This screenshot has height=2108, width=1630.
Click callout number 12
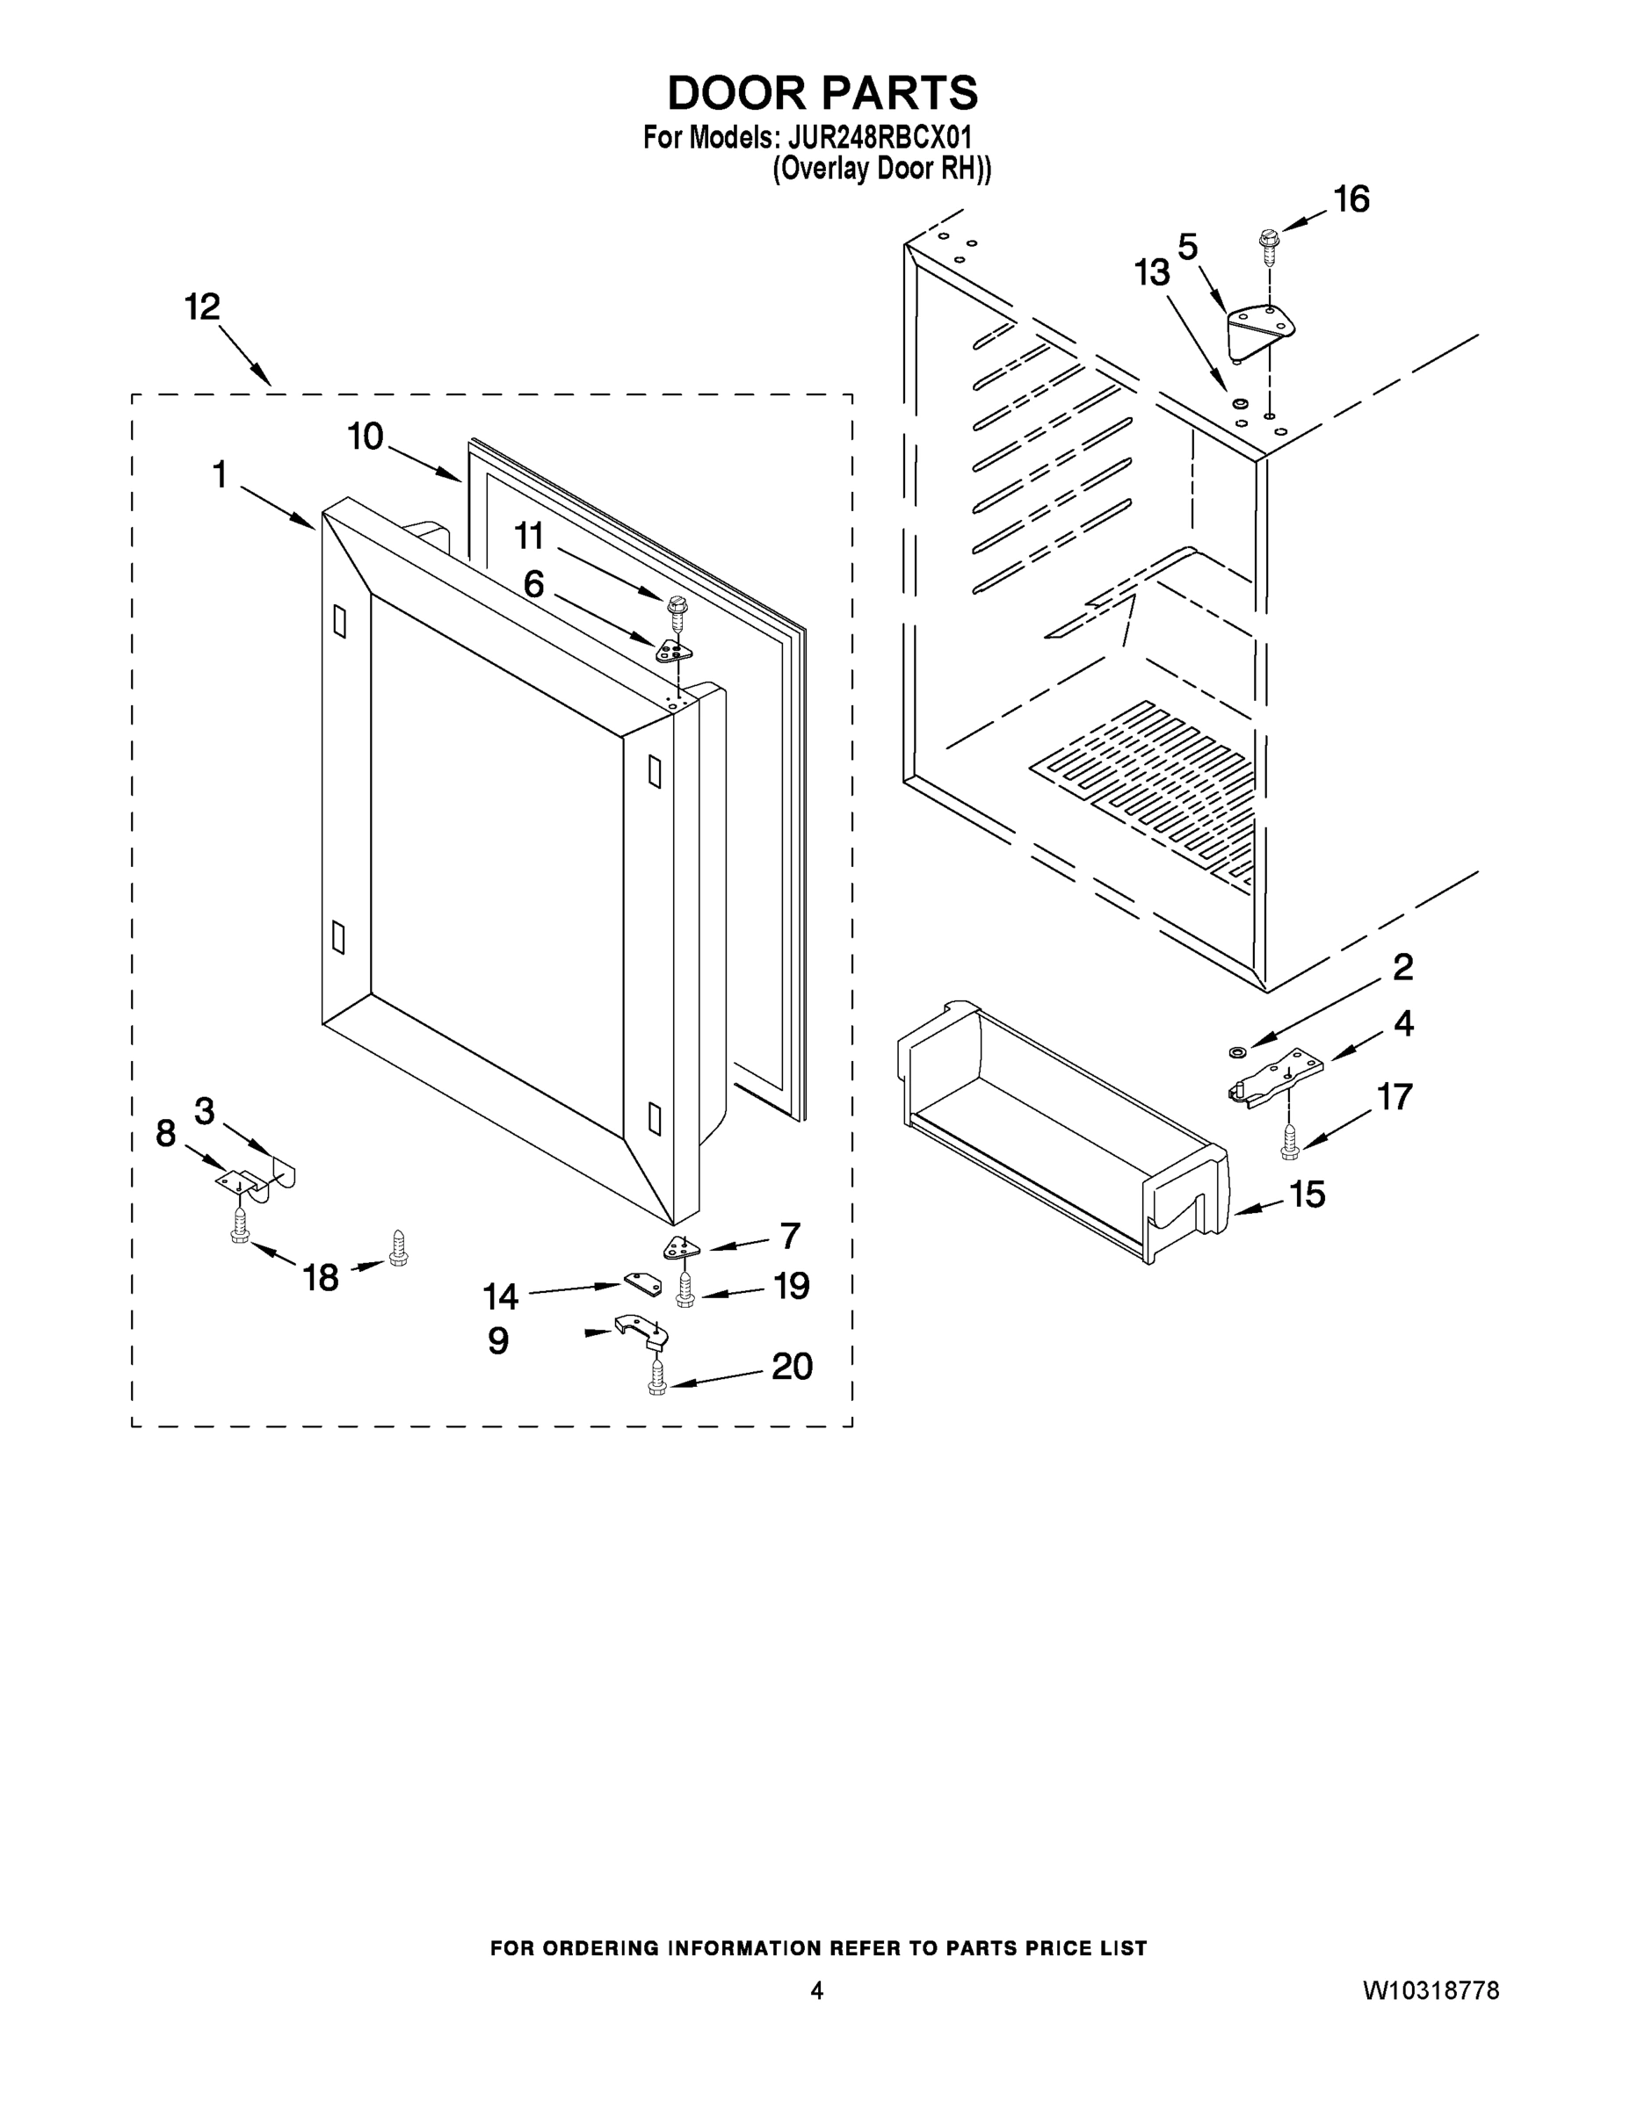(202, 308)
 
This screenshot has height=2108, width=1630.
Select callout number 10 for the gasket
(365, 437)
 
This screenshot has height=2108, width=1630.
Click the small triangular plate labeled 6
(674, 652)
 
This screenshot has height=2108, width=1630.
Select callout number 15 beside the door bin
(1308, 1195)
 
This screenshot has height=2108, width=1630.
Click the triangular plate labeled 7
(680, 1249)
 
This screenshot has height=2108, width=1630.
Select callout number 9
(498, 1340)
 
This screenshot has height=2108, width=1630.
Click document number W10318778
(1431, 1990)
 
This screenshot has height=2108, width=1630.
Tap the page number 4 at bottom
(816, 1990)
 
